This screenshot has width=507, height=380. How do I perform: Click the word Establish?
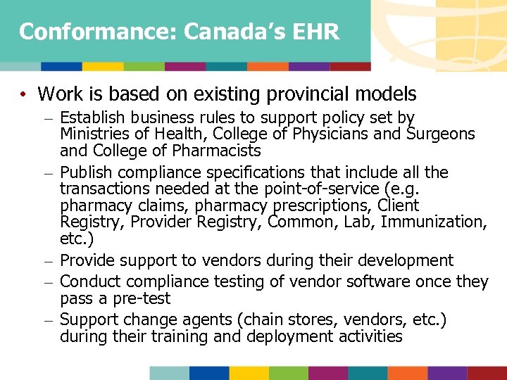point(92,118)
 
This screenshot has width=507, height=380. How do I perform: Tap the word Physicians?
point(312,134)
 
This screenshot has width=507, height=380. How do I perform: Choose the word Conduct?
point(89,281)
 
